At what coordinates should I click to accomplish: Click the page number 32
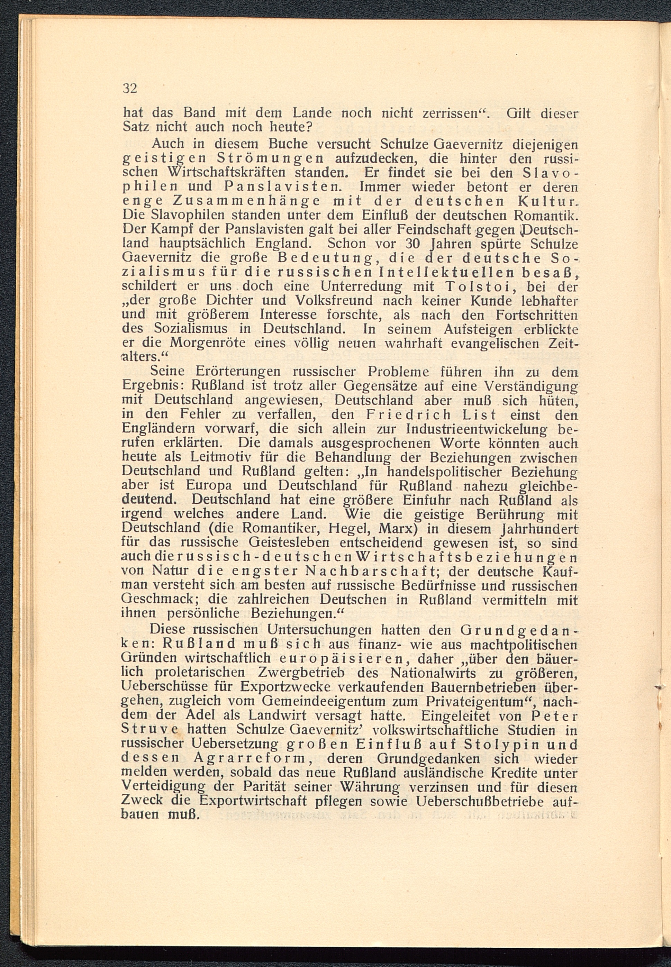129,88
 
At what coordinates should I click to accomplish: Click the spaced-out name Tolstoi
473,286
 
